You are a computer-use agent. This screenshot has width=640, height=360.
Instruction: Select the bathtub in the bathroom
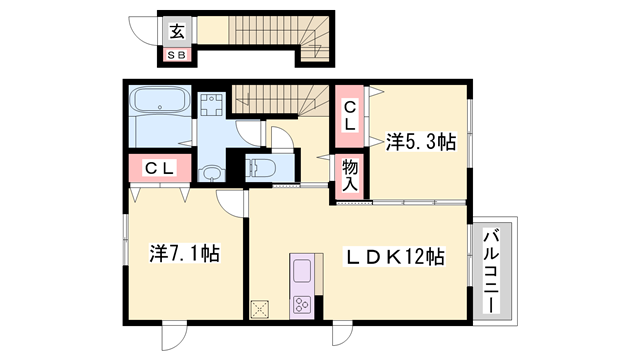[160, 103]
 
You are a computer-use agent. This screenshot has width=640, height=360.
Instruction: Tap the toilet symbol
[263, 168]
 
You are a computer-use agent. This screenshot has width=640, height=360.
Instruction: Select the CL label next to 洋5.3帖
[351, 115]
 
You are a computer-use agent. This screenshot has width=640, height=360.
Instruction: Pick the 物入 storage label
[351, 176]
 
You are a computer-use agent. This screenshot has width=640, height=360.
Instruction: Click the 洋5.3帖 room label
[420, 143]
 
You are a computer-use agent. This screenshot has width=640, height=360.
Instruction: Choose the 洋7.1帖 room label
[185, 254]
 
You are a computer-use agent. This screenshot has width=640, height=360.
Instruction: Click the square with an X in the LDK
[262, 307]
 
